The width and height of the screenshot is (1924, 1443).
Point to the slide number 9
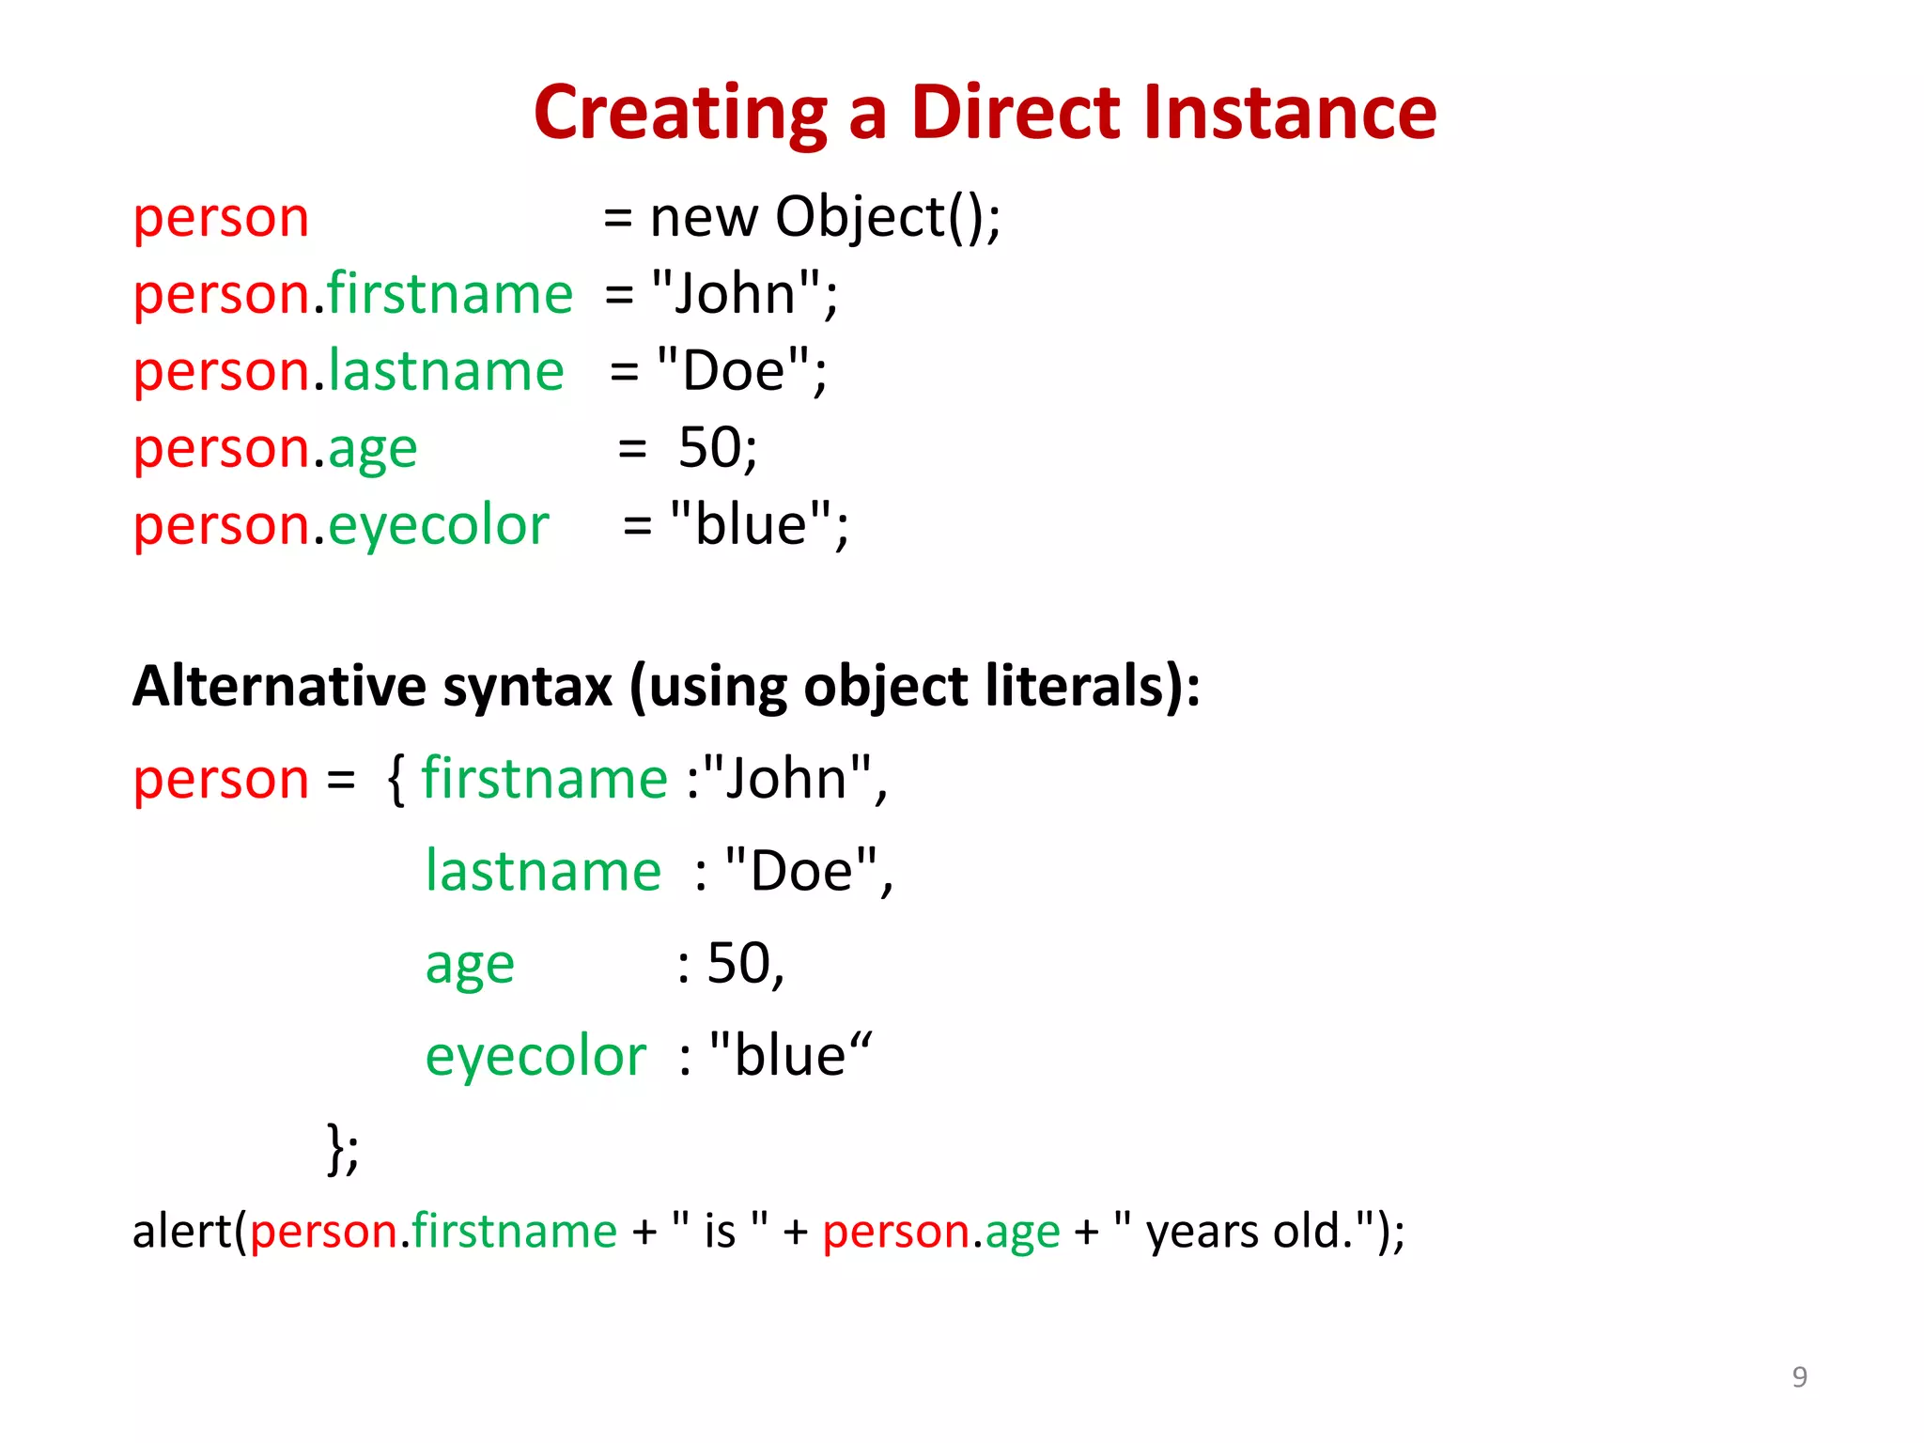click(x=1799, y=1376)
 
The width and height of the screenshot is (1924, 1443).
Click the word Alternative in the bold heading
click(x=278, y=686)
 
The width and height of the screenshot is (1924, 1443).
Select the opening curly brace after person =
click(x=396, y=780)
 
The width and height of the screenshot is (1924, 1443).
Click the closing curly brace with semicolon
click(x=342, y=1148)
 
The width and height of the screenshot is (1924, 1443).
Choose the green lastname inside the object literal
click(x=543, y=872)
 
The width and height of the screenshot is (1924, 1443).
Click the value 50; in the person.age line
click(x=718, y=448)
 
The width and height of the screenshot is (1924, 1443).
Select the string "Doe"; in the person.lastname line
click(x=742, y=371)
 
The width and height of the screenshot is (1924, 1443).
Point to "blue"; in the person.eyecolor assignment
click(x=759, y=525)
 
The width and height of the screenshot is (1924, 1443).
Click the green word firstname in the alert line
click(x=514, y=1231)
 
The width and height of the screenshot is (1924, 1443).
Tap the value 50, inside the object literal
click(x=745, y=964)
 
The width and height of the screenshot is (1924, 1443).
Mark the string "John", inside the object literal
click(x=794, y=780)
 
